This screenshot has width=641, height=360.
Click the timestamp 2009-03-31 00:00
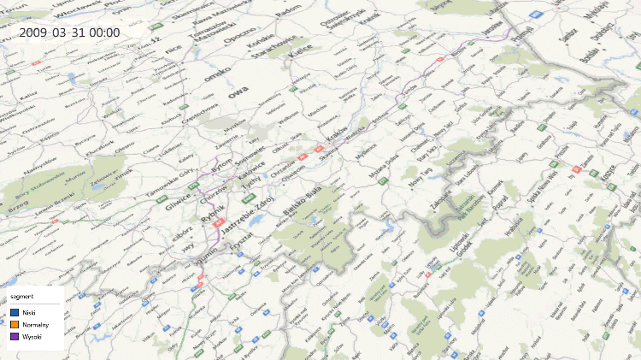click(69, 32)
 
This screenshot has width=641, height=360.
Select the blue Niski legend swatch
click(15, 313)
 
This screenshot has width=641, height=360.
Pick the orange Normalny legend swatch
click(15, 325)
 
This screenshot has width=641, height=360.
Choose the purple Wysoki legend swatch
click(15, 337)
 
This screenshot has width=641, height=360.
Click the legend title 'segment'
click(21, 296)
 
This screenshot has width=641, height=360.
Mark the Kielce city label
click(300, 53)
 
